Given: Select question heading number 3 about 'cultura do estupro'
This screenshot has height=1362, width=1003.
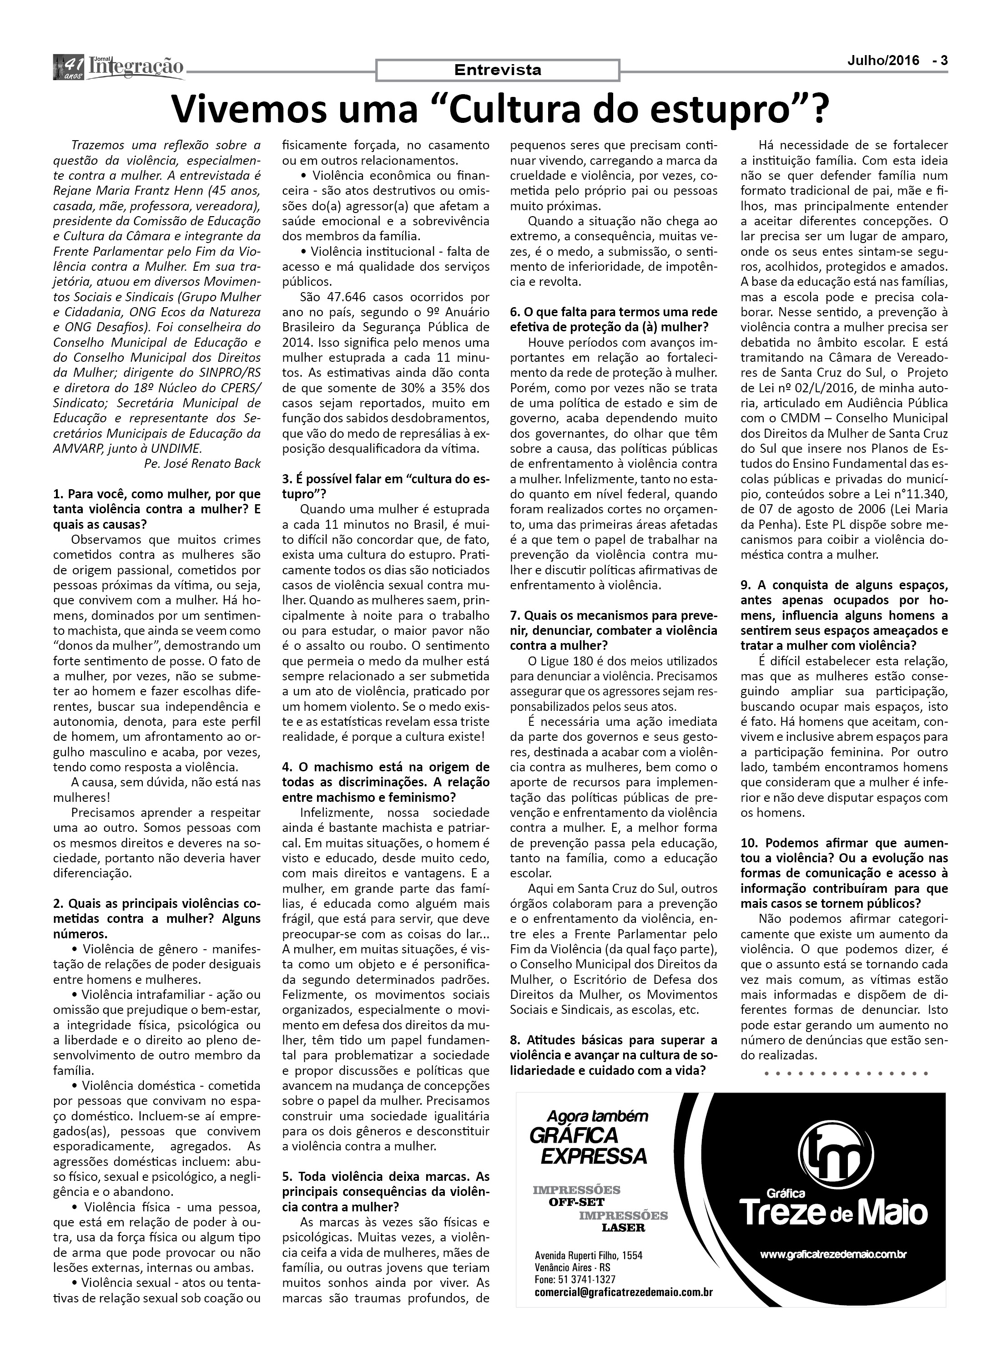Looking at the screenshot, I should pyautogui.click(x=386, y=486).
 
